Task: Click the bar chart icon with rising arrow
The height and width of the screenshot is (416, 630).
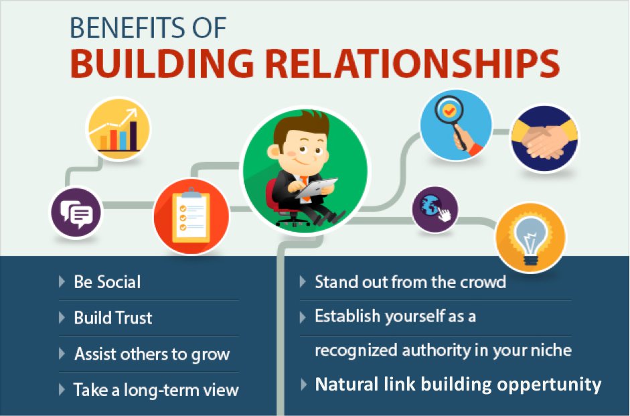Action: coord(119,129)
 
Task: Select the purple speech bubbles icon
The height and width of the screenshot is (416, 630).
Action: coord(76,212)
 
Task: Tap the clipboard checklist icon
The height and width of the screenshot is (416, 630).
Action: coord(191,216)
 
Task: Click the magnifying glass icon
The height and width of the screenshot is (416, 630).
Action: coord(456,125)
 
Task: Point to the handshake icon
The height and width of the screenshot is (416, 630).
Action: coord(544,139)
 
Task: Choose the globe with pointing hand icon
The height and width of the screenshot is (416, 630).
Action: coord(435,209)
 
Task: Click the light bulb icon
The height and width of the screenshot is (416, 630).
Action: coord(530,238)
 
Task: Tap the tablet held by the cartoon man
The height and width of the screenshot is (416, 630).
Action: coord(317,188)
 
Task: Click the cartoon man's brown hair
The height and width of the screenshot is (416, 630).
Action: coord(302,126)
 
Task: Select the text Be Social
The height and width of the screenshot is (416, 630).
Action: coord(107,282)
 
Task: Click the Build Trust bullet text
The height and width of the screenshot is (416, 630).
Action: coord(113,318)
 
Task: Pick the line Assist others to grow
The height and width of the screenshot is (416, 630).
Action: coord(152,354)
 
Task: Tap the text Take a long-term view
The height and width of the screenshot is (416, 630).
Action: coord(156,390)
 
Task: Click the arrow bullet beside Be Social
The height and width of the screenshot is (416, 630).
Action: coord(62,281)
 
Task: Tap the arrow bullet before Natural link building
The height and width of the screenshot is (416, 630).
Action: coord(304,385)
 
